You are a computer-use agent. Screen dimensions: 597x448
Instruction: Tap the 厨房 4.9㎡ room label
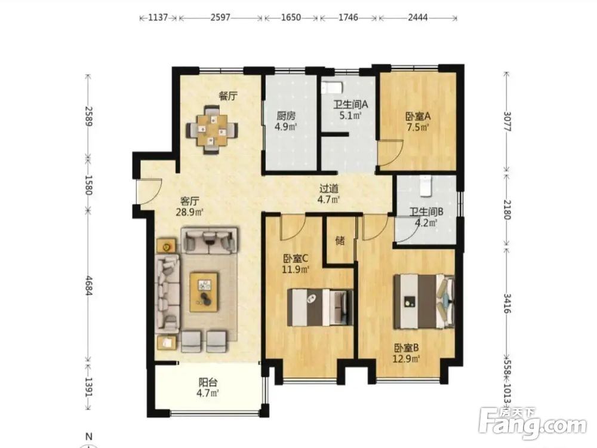coord(286,121)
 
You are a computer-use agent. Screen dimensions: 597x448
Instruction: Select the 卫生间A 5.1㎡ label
coord(350,109)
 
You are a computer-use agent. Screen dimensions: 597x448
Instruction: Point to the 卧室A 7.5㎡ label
coord(418,121)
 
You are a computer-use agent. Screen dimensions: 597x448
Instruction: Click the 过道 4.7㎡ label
coord(329,194)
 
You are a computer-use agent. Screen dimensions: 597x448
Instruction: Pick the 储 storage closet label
coord(340,241)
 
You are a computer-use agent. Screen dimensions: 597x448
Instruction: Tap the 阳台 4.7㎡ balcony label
coord(208,388)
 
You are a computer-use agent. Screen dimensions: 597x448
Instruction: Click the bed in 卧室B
coord(424,301)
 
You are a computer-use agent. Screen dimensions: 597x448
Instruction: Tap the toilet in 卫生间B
coord(425,186)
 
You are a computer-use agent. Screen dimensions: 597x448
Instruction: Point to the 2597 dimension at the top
coord(220,17)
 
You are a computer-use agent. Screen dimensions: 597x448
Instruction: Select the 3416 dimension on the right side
coord(506,303)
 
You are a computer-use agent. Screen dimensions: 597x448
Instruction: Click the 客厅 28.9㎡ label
coord(189,206)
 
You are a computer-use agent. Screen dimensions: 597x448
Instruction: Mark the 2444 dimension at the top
coord(418,17)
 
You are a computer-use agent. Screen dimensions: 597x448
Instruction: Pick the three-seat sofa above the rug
coord(209,240)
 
